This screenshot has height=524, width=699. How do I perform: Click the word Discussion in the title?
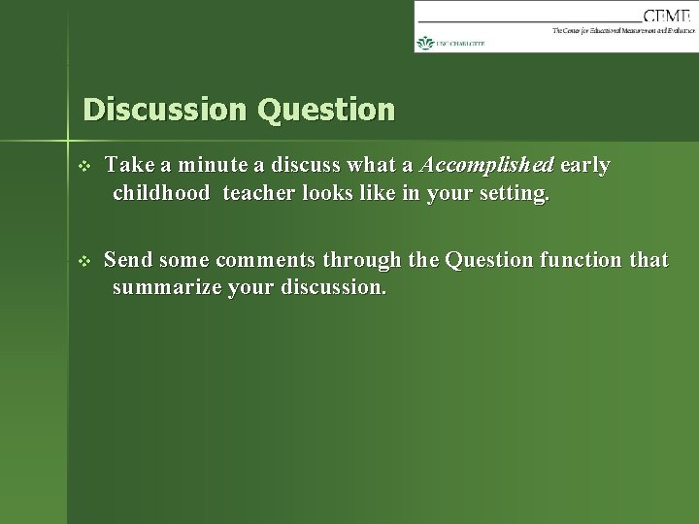(x=165, y=109)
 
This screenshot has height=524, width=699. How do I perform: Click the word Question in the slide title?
(x=326, y=109)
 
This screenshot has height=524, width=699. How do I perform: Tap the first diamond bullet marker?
(x=83, y=166)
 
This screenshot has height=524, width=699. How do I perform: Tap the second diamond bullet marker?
(x=83, y=260)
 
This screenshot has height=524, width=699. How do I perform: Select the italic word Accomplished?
(x=476, y=165)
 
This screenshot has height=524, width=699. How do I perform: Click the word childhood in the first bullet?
(x=161, y=193)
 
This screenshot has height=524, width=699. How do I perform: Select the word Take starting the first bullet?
(x=129, y=165)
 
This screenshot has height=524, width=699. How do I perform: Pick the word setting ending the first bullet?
(x=516, y=193)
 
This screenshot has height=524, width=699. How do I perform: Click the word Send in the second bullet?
(x=128, y=259)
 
